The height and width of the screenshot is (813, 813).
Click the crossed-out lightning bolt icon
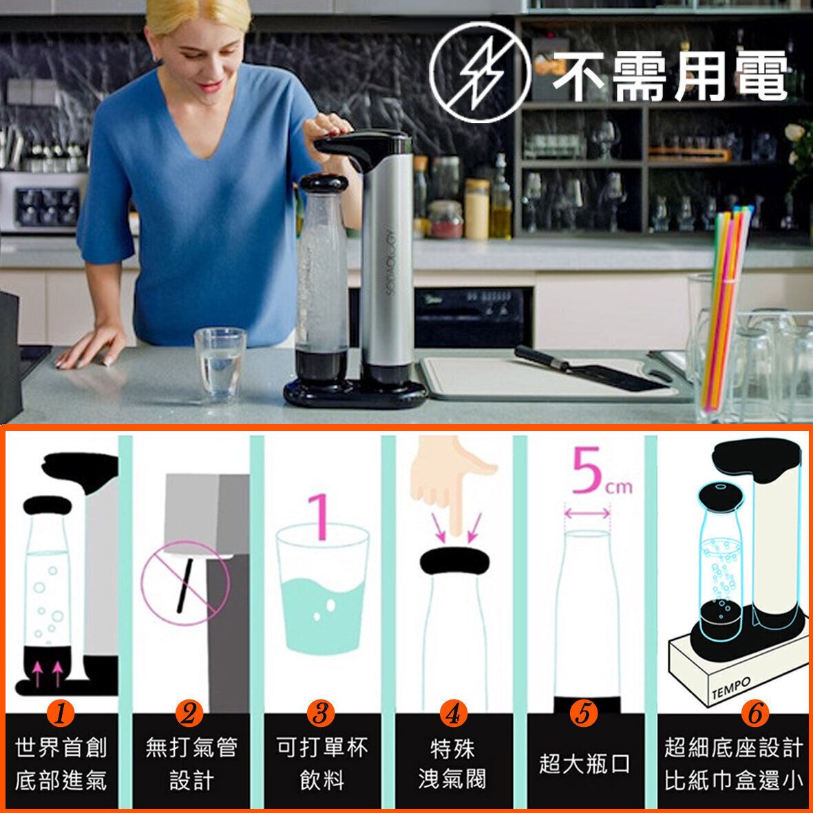[480, 72]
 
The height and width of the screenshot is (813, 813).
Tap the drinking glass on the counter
[220, 365]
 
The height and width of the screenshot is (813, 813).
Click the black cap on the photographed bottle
[324, 183]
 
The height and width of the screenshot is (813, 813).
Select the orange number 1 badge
[61, 713]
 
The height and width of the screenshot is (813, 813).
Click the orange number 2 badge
[189, 713]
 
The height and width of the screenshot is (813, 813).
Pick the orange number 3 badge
[320, 713]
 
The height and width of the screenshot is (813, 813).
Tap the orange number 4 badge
[453, 714]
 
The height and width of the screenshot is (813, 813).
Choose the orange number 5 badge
[584, 713]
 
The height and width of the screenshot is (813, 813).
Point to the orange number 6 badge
[755, 713]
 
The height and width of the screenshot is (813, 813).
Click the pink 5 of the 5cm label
[587, 469]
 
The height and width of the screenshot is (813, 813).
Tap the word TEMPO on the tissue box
[731, 688]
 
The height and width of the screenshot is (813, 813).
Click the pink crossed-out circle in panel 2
[186, 583]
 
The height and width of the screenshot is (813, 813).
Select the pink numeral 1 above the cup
[321, 516]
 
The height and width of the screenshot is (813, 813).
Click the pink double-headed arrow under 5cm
[587, 514]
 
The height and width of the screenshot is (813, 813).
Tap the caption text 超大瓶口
[584, 763]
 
